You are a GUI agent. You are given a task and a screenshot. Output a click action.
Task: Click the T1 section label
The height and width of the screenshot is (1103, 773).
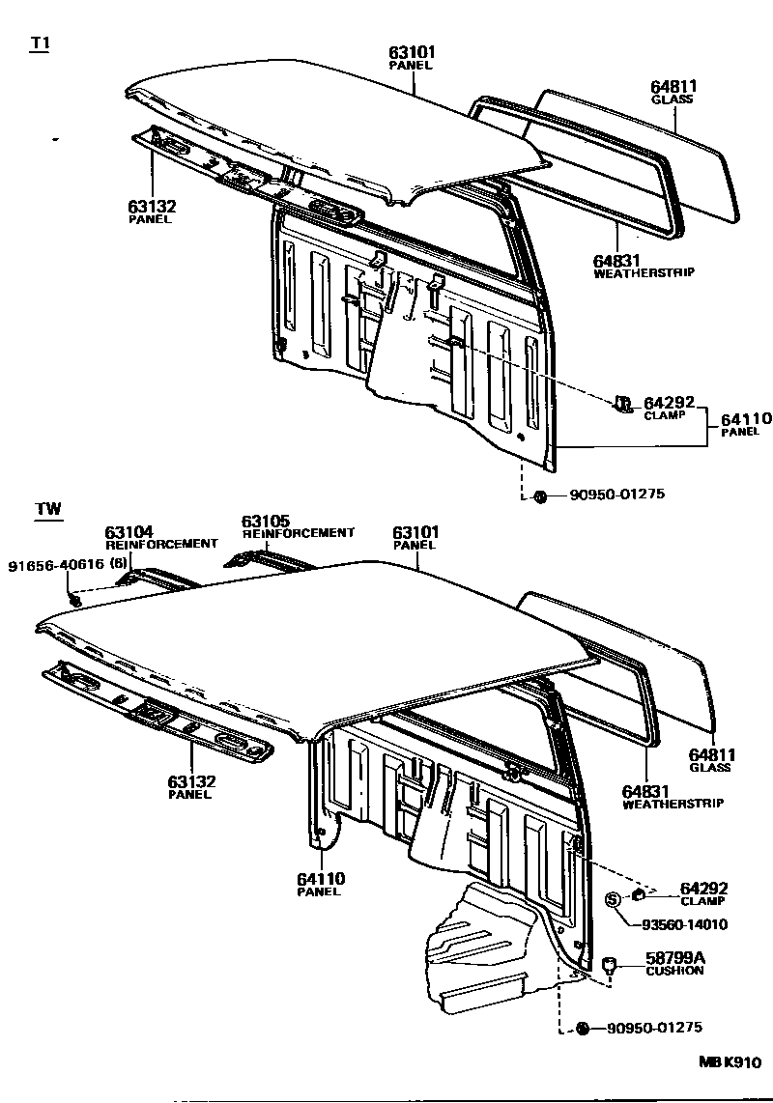[x=41, y=45]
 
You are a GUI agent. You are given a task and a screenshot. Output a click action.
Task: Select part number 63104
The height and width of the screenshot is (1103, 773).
[x=129, y=531]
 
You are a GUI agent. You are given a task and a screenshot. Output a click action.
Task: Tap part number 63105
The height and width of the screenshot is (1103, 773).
[x=266, y=521]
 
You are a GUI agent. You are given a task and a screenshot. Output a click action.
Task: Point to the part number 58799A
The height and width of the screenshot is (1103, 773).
[x=675, y=957]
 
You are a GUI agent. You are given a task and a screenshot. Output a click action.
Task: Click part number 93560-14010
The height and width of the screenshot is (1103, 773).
[x=684, y=924]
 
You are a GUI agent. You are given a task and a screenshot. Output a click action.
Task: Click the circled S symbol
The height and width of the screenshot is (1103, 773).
[x=612, y=900]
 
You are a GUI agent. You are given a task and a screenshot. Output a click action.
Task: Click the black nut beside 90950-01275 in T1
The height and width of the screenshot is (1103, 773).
[x=540, y=496]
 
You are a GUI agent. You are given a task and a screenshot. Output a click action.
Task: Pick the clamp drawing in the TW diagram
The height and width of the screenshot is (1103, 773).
[x=640, y=892]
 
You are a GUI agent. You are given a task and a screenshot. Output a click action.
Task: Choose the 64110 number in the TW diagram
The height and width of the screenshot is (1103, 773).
[x=321, y=878]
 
